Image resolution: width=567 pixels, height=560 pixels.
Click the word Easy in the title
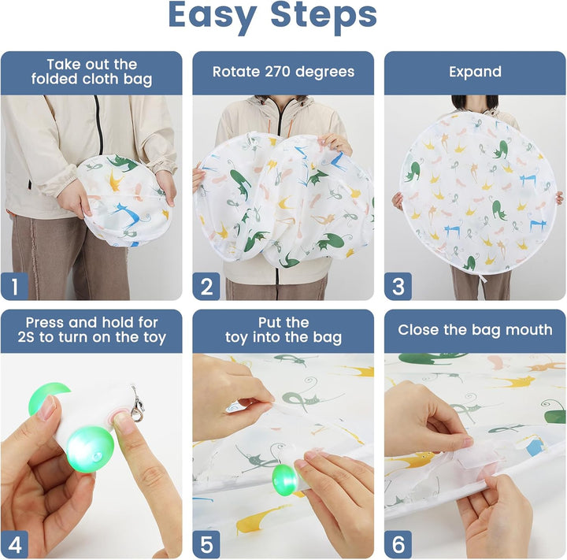(x=213, y=16)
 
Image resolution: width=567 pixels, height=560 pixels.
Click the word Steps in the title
(x=324, y=15)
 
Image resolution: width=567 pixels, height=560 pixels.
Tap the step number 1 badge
(x=14, y=286)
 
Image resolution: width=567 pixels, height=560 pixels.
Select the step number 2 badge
(x=206, y=286)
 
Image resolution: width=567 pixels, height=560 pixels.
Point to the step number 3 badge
(x=398, y=286)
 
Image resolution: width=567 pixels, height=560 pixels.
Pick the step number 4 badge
(x=14, y=544)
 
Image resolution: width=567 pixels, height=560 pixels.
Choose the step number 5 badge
(x=206, y=544)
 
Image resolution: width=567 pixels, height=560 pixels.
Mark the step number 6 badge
(x=398, y=544)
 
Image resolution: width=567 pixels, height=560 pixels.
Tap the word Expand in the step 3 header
(x=475, y=72)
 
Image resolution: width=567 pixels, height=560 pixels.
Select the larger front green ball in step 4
(x=90, y=449)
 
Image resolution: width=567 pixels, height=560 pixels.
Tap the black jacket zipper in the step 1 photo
(x=98, y=124)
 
